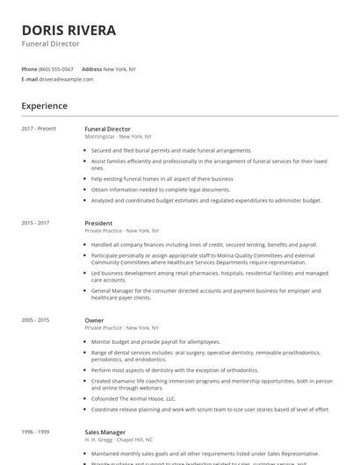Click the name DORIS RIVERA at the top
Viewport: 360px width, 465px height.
tap(68, 30)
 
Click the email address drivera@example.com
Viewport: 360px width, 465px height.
tap(66, 79)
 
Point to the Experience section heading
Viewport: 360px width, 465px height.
tap(44, 106)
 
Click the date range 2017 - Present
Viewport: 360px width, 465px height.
tap(39, 129)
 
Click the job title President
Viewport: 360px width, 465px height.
tap(98, 223)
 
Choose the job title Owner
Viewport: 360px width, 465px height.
tap(94, 320)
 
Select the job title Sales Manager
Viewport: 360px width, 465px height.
tap(104, 432)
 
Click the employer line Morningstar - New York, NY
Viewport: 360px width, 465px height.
tap(118, 137)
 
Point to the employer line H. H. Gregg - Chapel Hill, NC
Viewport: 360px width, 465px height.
tap(118, 440)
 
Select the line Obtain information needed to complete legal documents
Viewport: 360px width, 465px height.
tap(160, 189)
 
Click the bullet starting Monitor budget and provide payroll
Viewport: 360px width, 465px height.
tap(155, 341)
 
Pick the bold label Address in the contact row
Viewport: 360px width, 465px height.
tap(91, 68)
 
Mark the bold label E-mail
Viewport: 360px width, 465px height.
tap(29, 79)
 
